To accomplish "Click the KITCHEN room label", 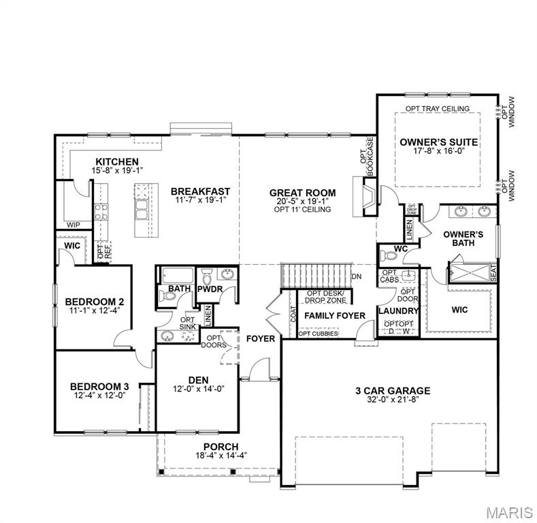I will pos(117,161).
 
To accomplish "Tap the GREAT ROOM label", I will pos(302,192).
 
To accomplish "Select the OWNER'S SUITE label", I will pos(438,142).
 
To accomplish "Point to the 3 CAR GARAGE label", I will pos(393,390).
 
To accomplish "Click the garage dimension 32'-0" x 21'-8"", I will pos(393,400).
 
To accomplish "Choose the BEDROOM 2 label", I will pos(94,301).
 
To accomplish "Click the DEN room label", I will pos(198,379).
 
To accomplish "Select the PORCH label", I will pos(197,446).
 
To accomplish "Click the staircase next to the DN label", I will pos(314,276).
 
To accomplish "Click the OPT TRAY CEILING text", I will pos(438,109).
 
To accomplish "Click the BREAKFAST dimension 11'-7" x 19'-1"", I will pos(200,201).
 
